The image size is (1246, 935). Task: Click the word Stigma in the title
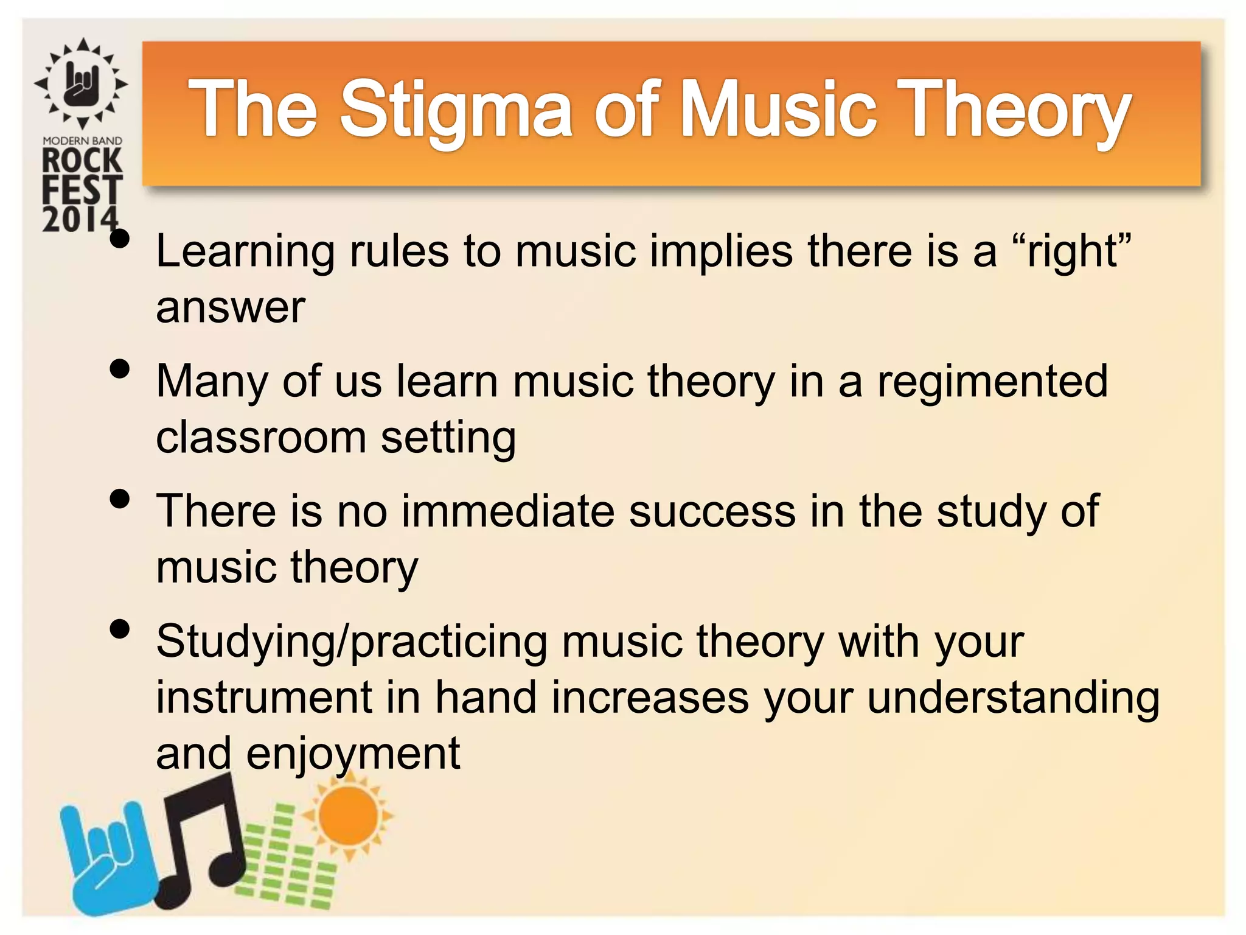[x=455, y=110]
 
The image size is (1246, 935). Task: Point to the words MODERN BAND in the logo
[x=82, y=141]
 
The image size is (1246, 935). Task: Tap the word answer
[x=230, y=307]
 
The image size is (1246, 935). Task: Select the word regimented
[x=992, y=382]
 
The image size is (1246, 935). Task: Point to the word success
[x=712, y=511]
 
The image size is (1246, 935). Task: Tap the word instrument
[x=263, y=697]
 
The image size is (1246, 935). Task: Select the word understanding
[x=1013, y=697]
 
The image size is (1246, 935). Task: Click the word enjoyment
[x=353, y=754]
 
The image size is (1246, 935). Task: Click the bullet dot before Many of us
[x=120, y=369]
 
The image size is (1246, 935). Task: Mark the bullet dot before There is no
[x=120, y=499]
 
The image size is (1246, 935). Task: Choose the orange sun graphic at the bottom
[x=348, y=816]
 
